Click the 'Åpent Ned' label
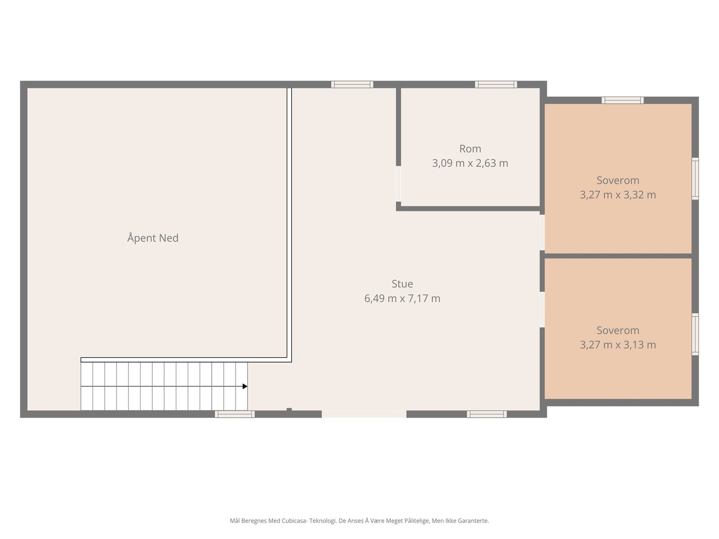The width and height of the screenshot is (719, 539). tap(153, 238)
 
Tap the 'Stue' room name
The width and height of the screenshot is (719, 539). tap(402, 284)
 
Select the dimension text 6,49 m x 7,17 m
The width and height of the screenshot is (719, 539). tap(402, 298)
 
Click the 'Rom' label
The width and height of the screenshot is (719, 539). tap(470, 149)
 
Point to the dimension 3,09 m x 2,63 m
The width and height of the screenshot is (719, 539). tap(470, 163)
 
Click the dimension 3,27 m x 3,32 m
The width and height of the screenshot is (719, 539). tap(618, 195)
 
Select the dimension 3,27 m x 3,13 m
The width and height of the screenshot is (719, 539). tap(618, 345)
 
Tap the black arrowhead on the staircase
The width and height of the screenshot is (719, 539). tap(245, 386)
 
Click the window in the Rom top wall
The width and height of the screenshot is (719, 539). tap(496, 84)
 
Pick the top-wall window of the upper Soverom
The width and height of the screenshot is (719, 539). tap(622, 100)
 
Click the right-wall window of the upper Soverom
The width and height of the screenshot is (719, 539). tap(695, 178)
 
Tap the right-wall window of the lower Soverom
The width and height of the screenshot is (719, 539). tap(695, 334)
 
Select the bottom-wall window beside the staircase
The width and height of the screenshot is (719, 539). tap(235, 414)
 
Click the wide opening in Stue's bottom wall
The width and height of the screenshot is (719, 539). tap(364, 414)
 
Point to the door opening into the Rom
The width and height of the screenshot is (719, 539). tap(398, 184)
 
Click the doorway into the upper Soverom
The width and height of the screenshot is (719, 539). tap(542, 232)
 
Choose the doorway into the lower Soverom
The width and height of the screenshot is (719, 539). tap(542, 309)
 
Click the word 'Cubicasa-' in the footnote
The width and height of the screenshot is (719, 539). tap(294, 520)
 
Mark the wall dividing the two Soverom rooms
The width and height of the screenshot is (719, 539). tap(618, 256)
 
